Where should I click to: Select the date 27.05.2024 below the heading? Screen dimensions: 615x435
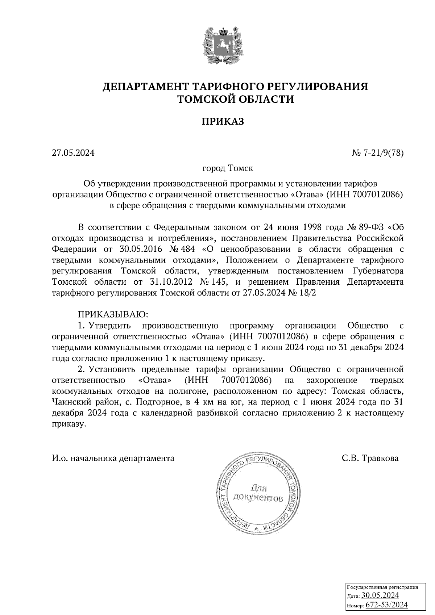pyautogui.click(x=73, y=153)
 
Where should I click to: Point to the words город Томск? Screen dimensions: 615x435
pyautogui.click(x=228, y=168)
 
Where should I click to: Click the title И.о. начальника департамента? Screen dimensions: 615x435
pyautogui.click(x=113, y=458)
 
